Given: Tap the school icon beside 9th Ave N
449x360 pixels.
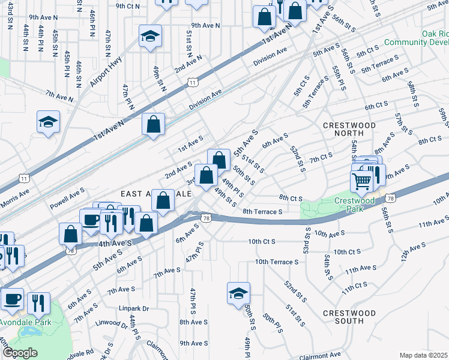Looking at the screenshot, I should click(x=150, y=36).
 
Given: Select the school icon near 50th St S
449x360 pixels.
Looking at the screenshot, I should click(x=238, y=293).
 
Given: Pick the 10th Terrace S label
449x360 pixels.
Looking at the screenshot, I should click(x=276, y=262).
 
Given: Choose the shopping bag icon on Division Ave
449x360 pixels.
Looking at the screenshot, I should click(x=154, y=125).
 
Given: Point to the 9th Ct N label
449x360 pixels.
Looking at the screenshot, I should click(x=128, y=5).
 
